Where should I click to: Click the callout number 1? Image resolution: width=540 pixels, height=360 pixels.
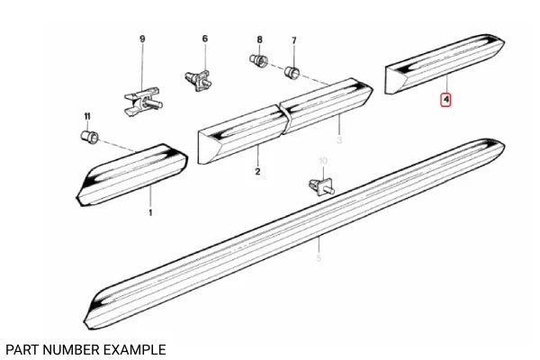pos(150,212)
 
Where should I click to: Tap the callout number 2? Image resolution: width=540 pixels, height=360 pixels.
pos(257,171)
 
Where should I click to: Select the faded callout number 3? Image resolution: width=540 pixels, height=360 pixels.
pos(340,141)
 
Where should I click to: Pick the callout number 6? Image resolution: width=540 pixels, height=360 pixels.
pos(204,39)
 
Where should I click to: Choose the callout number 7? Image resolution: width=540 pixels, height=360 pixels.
pos(293,40)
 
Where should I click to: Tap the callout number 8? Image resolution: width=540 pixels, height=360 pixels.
pos(259,40)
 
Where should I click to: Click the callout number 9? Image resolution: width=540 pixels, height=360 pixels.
pos(141,39)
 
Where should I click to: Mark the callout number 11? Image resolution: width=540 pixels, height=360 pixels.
pos(87,117)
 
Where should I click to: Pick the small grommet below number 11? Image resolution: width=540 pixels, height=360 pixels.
pos(88,138)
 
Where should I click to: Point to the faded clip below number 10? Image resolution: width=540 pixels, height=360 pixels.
pos(321,186)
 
